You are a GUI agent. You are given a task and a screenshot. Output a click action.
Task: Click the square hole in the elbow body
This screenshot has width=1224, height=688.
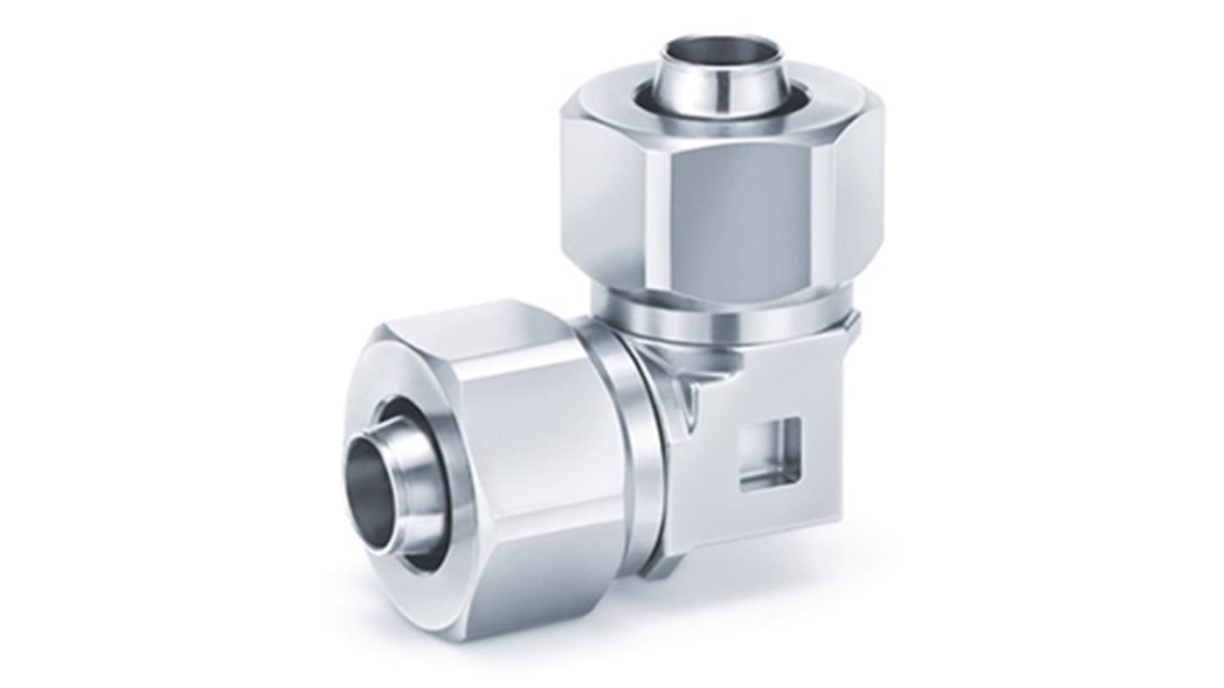pyautogui.click(x=770, y=451)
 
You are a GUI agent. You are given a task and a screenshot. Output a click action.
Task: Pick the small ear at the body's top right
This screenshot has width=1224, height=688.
pyautogui.click(x=852, y=322)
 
